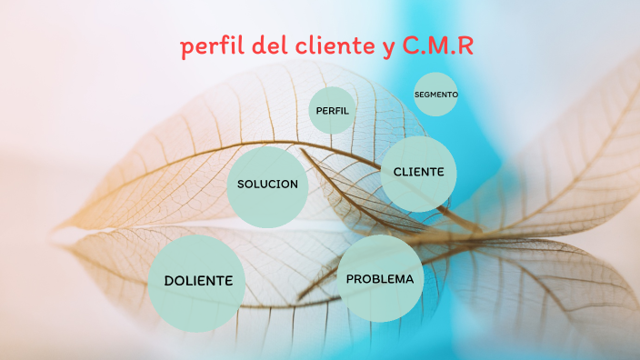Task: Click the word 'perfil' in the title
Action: (x=209, y=47)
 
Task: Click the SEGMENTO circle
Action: (x=435, y=94)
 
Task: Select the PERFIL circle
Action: (x=332, y=110)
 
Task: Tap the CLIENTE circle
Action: (x=418, y=174)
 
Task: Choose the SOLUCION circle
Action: (x=267, y=186)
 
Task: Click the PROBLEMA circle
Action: (x=380, y=279)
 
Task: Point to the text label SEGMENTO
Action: (x=435, y=94)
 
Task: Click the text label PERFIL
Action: (x=332, y=110)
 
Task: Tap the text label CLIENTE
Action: (x=418, y=171)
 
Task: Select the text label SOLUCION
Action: (x=267, y=184)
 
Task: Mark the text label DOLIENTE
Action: (x=198, y=281)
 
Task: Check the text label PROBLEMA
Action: (x=380, y=279)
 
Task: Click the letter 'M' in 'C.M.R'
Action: (x=437, y=46)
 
